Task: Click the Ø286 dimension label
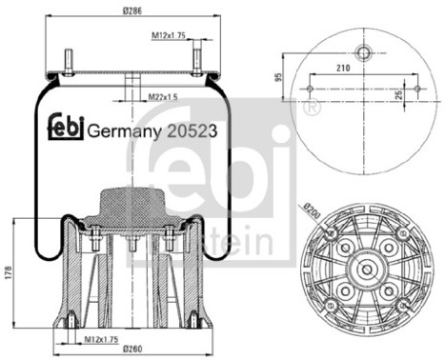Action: tap(132, 10)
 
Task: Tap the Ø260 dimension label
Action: tap(132, 349)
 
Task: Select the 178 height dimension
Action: tap(9, 273)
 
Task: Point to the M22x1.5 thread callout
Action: tap(163, 97)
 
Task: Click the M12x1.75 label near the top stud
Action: tap(169, 35)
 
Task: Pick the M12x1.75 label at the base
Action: tap(101, 339)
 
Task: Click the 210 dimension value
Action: tap(343, 68)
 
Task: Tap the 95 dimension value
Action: tap(278, 77)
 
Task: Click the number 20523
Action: tap(192, 131)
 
